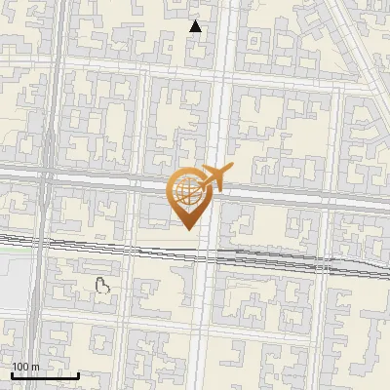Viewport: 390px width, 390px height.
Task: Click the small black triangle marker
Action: coord(195,26)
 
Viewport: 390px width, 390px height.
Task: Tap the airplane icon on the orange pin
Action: coord(214,177)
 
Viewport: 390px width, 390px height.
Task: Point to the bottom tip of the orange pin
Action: coord(187,229)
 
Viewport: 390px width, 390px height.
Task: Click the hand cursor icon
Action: coord(101,285)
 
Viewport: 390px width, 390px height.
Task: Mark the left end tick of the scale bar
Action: coord(12,374)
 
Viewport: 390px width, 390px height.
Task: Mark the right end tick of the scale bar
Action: coord(79,374)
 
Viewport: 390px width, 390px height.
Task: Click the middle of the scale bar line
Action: coord(45,376)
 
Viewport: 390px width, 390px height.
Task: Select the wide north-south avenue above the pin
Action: coord(216,97)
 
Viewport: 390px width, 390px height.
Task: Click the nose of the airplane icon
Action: coord(231,167)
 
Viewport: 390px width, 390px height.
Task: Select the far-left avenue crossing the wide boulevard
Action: coord(47,175)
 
